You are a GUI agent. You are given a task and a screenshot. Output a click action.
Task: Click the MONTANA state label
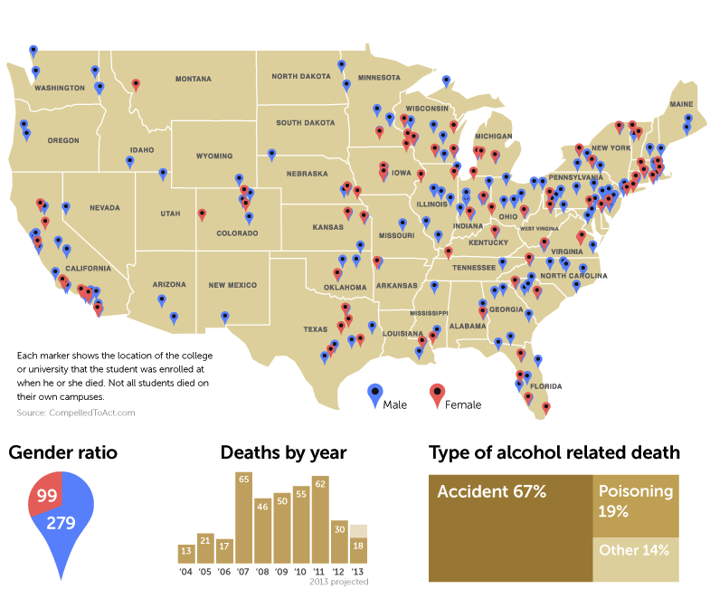click(x=194, y=79)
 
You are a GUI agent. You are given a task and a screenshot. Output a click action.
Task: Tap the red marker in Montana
click(x=136, y=85)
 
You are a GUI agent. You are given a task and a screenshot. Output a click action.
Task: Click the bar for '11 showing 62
click(x=319, y=519)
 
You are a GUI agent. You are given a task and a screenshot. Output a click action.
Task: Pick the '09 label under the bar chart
click(x=281, y=572)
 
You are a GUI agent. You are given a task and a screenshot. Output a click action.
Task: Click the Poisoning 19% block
click(x=635, y=501)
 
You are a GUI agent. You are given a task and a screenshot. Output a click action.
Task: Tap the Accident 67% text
click(x=492, y=492)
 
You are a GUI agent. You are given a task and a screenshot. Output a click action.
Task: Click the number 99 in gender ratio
click(x=47, y=495)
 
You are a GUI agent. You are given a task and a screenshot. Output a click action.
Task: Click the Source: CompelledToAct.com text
click(x=76, y=413)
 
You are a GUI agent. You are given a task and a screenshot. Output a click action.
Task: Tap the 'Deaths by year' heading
click(x=283, y=452)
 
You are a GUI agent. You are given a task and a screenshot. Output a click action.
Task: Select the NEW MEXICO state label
click(x=232, y=285)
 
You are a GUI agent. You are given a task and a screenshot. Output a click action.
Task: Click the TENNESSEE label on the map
click(x=474, y=268)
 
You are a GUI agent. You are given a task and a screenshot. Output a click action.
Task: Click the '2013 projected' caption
click(x=340, y=582)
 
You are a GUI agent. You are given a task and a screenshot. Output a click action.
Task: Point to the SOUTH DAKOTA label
click(x=305, y=123)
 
